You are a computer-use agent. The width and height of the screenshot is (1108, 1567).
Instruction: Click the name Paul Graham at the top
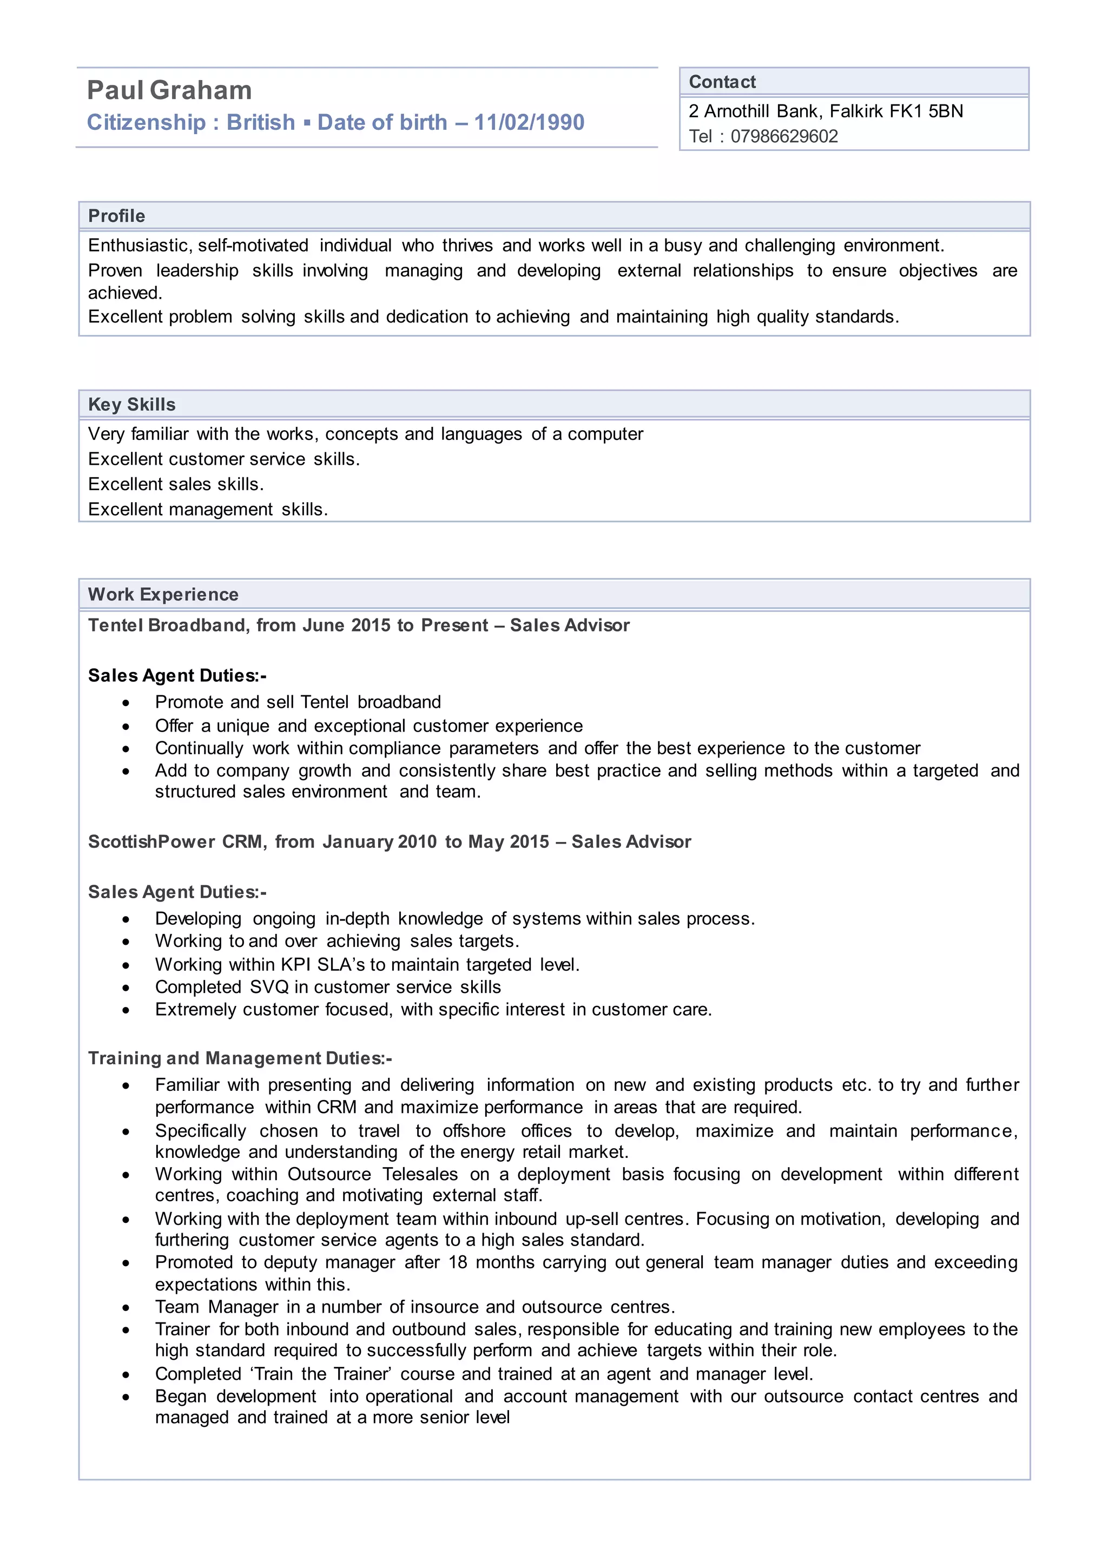[x=169, y=90]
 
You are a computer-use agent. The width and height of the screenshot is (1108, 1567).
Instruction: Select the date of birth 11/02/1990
[x=529, y=122]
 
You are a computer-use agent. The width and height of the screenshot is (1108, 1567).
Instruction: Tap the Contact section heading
[x=722, y=82]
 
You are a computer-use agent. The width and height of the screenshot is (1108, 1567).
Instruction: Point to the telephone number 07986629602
[x=784, y=136]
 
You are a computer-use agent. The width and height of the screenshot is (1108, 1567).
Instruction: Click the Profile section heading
[x=117, y=216]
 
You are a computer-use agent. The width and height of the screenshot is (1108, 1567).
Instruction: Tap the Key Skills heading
[x=131, y=405]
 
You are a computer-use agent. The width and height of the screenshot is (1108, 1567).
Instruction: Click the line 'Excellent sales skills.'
[x=176, y=485]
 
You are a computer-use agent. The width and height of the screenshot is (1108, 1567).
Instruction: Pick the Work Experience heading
[x=163, y=595]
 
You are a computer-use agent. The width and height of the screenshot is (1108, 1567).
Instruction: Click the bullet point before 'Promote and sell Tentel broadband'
[x=126, y=703]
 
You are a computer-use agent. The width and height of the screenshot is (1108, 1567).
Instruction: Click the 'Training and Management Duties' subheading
[x=240, y=1058]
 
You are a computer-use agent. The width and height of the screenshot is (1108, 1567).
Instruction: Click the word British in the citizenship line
[x=261, y=122]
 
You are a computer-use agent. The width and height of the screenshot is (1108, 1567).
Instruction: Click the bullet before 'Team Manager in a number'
[x=126, y=1308]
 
